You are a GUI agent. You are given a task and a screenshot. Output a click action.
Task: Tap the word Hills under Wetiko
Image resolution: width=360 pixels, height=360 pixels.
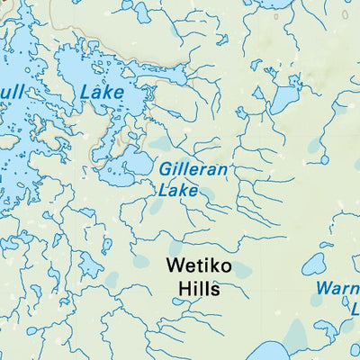(197, 290)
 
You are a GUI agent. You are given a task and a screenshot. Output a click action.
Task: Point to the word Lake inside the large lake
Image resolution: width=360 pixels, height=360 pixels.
(102, 91)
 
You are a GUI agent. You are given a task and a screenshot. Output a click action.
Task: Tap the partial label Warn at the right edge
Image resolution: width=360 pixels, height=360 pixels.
(338, 289)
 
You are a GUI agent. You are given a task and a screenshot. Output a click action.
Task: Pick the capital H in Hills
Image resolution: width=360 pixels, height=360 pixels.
(181, 290)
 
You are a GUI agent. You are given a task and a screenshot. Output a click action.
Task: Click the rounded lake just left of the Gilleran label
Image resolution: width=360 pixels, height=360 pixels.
(139, 164)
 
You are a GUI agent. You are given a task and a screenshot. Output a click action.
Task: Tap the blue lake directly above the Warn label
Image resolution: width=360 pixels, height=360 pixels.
(314, 265)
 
